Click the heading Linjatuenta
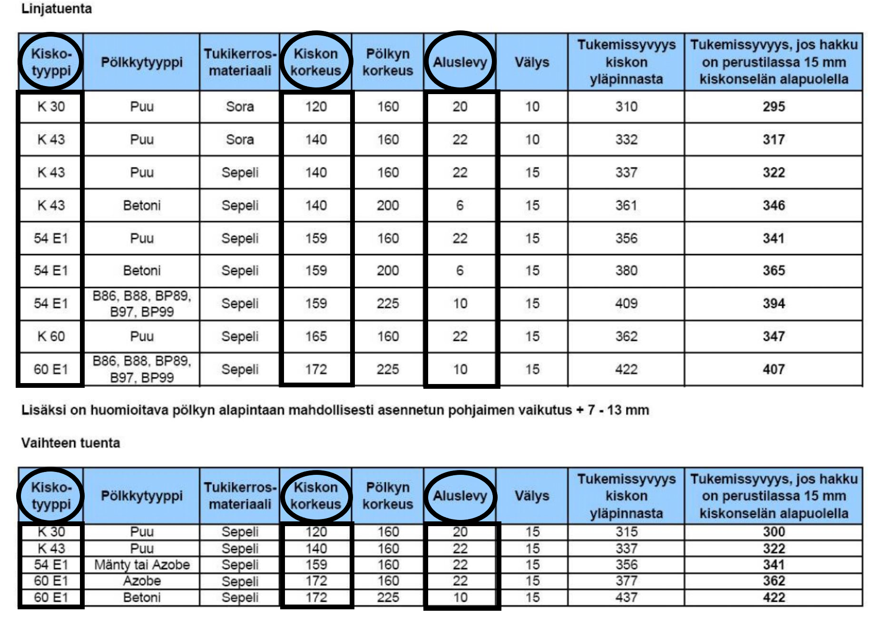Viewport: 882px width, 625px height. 57,9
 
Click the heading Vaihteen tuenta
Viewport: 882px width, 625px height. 70,443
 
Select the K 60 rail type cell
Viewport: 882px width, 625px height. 51,337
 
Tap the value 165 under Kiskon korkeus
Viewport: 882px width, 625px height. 316,337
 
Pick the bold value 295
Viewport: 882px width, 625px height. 774,107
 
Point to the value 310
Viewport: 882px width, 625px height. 626,107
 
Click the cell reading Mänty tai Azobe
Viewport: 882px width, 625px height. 142,565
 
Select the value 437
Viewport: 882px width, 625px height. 626,597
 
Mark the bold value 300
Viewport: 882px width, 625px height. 774,532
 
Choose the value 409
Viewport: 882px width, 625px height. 626,304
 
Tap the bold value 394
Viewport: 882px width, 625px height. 774,304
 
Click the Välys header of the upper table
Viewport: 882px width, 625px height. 532,62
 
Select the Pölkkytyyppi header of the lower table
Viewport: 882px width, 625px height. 142,496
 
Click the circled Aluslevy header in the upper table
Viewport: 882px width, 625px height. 460,62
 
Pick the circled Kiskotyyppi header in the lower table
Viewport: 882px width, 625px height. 51,496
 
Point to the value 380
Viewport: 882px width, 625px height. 626,270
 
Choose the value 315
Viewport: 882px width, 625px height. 626,532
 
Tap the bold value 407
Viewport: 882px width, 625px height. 774,369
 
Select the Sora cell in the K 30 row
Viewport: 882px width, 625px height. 240,107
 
